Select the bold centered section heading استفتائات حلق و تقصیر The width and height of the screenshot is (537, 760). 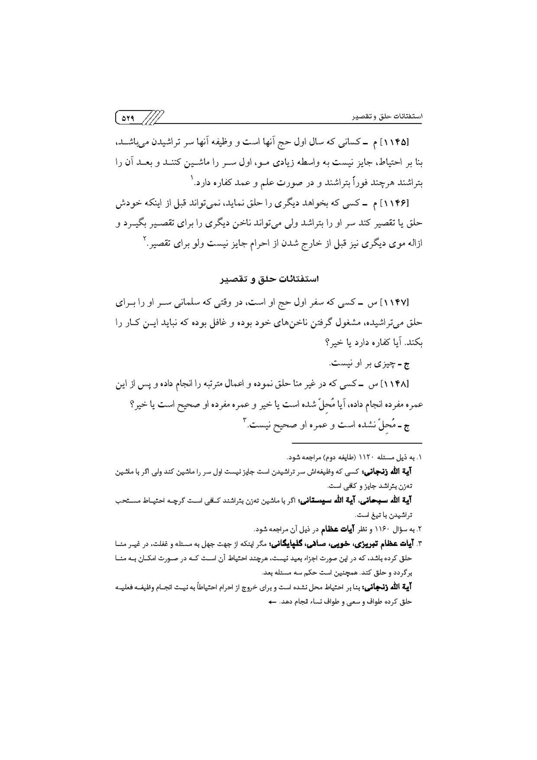[x=269, y=279]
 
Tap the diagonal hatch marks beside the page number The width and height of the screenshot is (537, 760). [x=153, y=117]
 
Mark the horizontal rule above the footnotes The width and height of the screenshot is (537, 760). [x=356, y=443]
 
